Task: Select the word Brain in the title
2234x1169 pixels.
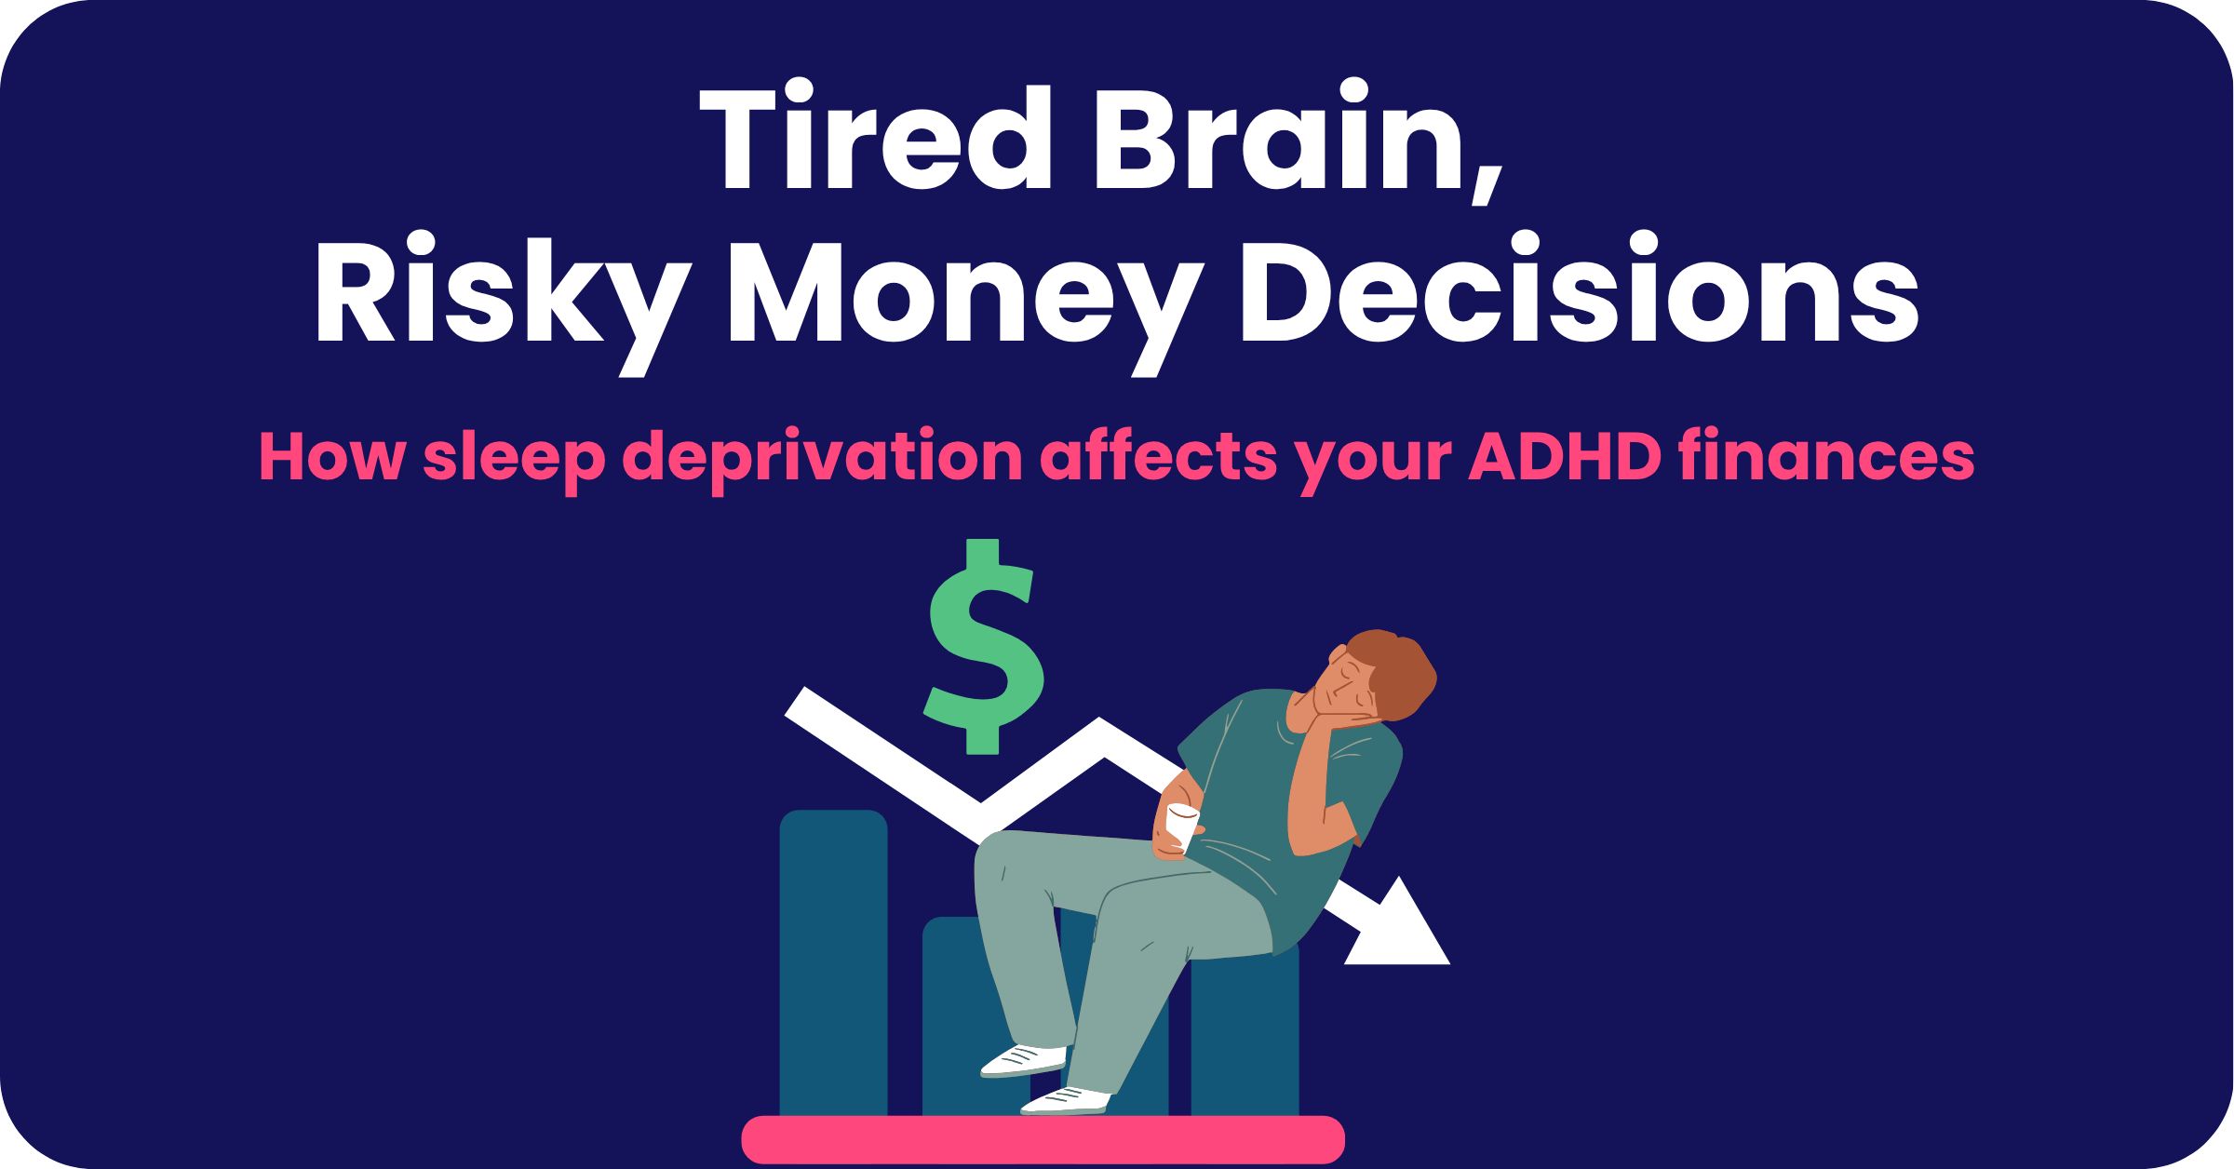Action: pos(1280,135)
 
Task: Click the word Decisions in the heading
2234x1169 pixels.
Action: pos(1580,286)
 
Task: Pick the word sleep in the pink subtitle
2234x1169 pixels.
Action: pos(515,458)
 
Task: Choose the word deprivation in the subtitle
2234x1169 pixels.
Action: pos(823,458)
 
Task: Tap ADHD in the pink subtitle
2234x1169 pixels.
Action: pos(1565,455)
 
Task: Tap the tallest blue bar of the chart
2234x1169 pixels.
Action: pos(833,962)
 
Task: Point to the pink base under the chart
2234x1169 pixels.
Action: pos(1043,1139)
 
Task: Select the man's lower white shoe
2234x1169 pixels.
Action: pos(1066,1100)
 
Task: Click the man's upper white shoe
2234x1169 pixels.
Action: pos(1023,1060)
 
